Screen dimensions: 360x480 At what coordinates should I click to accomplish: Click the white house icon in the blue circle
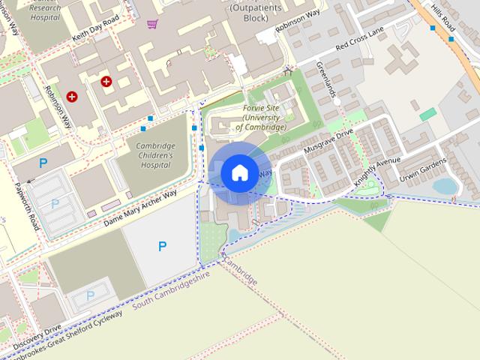[239, 173]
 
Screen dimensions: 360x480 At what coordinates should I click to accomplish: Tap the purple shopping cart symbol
[152, 25]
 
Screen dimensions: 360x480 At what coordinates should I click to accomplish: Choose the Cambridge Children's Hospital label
[155, 155]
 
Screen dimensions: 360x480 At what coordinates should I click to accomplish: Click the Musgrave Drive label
[328, 142]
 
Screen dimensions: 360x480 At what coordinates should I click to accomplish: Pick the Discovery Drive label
[37, 334]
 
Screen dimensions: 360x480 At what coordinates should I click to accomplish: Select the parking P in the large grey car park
[162, 245]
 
